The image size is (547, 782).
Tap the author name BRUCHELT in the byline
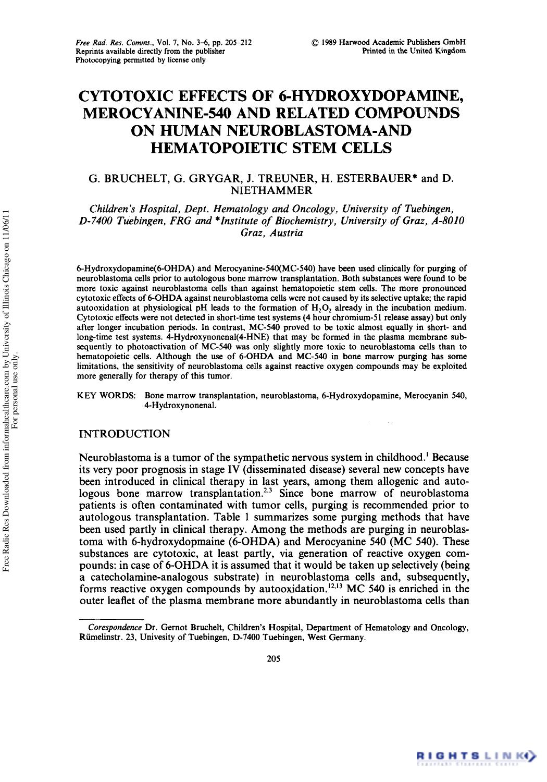pos(136,179)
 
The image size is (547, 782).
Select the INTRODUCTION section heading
pos(124,434)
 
